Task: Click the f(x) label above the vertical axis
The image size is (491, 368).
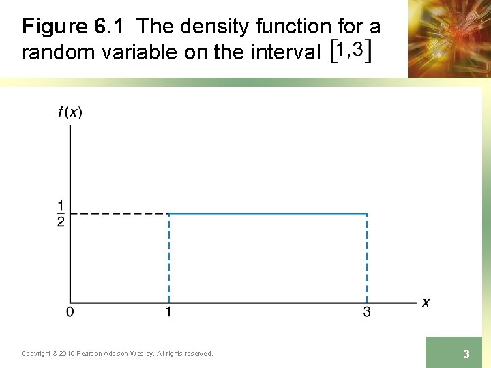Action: click(70, 113)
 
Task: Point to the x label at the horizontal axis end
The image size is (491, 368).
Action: click(426, 302)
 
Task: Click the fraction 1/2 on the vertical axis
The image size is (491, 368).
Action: click(61, 214)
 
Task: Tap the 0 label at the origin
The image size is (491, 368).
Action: click(70, 313)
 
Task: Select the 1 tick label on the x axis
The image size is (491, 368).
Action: click(168, 313)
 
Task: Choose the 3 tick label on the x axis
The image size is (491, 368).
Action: click(367, 313)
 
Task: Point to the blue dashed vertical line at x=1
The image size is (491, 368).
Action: click(168, 259)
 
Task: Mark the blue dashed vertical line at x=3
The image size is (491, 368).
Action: click(367, 259)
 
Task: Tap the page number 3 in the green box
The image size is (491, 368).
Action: click(466, 354)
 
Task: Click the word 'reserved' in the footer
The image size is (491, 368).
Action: click(196, 353)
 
